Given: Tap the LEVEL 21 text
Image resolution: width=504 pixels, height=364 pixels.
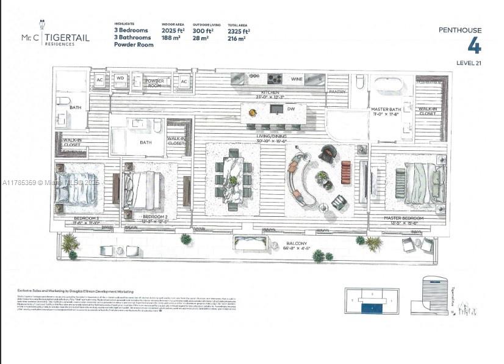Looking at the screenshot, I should (x=469, y=63).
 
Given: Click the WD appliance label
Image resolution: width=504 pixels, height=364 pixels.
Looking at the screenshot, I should (x=120, y=78).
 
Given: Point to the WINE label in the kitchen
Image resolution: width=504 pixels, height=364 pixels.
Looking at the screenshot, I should (x=297, y=79).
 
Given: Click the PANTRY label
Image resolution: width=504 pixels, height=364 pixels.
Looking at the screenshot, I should (x=337, y=92).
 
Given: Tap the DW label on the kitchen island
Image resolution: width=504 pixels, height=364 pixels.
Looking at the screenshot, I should (x=291, y=109).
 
